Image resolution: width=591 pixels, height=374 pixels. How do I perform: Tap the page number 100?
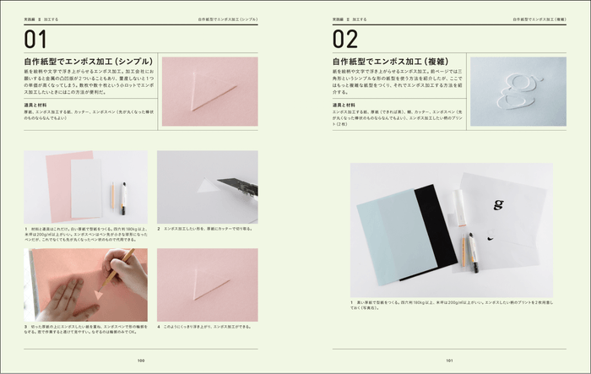coord(141,360)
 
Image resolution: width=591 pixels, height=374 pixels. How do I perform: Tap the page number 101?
coord(449,360)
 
